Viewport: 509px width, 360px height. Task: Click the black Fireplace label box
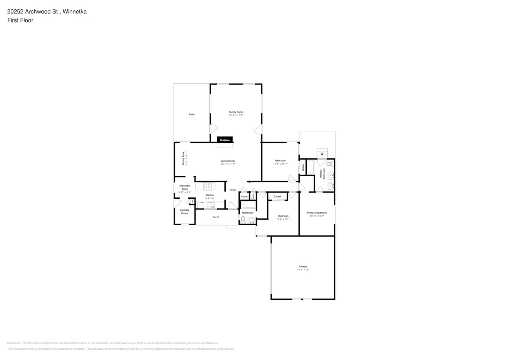(225, 140)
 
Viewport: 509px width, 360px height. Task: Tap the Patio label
(192, 114)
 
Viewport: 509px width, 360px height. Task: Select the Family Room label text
(236, 112)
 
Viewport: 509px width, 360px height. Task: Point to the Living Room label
(228, 161)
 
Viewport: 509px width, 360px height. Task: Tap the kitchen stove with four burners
(207, 186)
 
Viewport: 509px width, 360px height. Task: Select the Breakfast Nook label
(185, 187)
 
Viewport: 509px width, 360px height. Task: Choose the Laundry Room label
(184, 211)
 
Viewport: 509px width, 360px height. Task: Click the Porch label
(216, 217)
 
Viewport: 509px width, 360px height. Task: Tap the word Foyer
(233, 190)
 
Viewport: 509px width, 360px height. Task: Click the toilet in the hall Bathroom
(243, 220)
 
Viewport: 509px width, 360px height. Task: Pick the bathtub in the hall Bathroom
(248, 205)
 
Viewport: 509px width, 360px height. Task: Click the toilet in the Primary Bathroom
(329, 164)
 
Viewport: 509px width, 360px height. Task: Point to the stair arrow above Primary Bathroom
(322, 154)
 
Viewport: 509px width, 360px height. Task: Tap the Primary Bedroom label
(317, 212)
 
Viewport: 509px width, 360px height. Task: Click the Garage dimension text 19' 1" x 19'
(303, 270)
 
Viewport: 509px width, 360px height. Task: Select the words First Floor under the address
(20, 20)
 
